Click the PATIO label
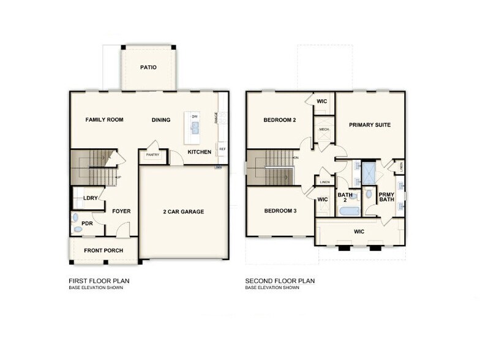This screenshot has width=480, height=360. coord(148,67)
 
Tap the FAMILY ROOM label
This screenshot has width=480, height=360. coord(104,120)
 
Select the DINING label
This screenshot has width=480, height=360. coord(161,120)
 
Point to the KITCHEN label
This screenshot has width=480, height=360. coord(200,152)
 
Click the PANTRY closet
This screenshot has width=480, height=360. coord(152,155)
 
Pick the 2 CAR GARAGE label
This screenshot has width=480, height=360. coord(183,212)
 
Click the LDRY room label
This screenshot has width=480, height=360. coord(89,198)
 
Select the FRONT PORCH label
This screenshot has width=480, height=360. coord(103,250)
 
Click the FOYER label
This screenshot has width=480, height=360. coord(121,212)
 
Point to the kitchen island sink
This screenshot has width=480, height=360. coord(195,127)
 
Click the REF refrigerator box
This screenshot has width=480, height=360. coord(222,149)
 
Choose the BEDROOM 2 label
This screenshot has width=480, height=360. coord(280,120)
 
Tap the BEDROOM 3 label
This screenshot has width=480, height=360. coord(280,211)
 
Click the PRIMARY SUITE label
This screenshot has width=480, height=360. coord(370,125)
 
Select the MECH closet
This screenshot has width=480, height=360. coord(324,130)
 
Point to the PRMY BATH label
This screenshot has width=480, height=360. coord(386,198)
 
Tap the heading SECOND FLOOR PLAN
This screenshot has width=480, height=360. coord(280,281)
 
